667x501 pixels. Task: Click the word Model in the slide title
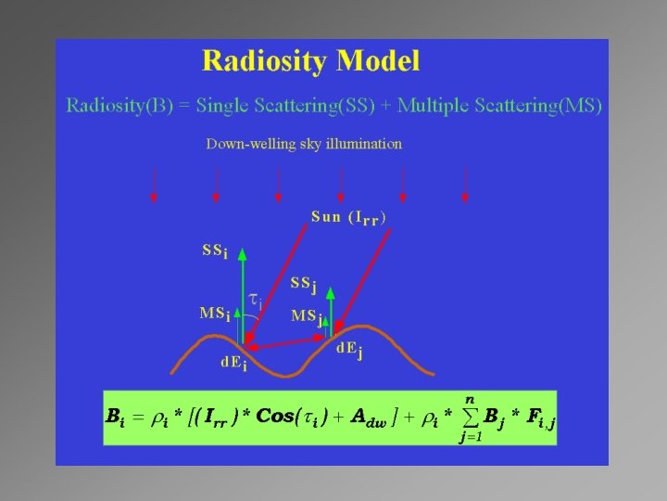pos(377,62)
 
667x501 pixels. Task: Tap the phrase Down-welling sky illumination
pos(304,144)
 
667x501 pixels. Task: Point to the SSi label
pos(215,250)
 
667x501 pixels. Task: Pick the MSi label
pos(215,313)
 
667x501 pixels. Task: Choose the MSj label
pos(307,316)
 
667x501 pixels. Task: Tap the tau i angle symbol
pos(257,300)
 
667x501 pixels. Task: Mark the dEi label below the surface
pos(233,363)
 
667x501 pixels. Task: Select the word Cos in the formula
pos(275,417)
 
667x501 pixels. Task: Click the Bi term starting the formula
pos(115,417)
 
